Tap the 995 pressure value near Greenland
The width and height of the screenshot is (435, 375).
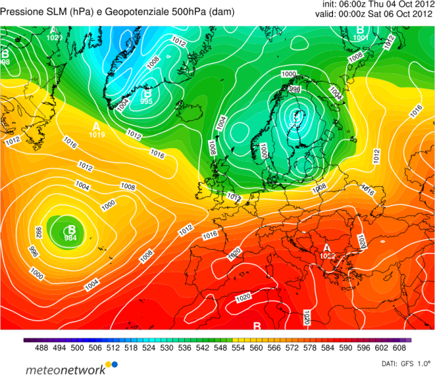click(x=146, y=101)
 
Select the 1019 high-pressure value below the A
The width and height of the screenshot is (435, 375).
click(x=97, y=135)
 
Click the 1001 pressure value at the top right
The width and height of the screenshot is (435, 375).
click(x=361, y=38)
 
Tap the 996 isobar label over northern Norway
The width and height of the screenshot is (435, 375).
click(x=295, y=88)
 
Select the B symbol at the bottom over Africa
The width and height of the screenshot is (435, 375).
click(x=257, y=327)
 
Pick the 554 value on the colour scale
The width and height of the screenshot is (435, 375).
click(x=239, y=347)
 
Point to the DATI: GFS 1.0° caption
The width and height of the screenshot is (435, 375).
click(x=406, y=363)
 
